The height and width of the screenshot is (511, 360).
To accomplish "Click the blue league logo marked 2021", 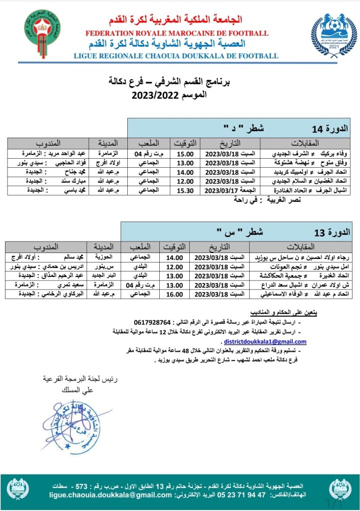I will click(x=329, y=37).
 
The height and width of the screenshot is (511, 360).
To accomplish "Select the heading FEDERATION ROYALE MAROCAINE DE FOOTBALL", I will click(x=180, y=33).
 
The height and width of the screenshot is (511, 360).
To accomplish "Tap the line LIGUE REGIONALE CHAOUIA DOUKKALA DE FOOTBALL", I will click(x=180, y=55).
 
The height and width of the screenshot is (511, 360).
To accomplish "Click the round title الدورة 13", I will click(x=327, y=232).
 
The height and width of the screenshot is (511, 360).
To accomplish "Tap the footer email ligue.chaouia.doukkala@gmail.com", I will click(x=111, y=495).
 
